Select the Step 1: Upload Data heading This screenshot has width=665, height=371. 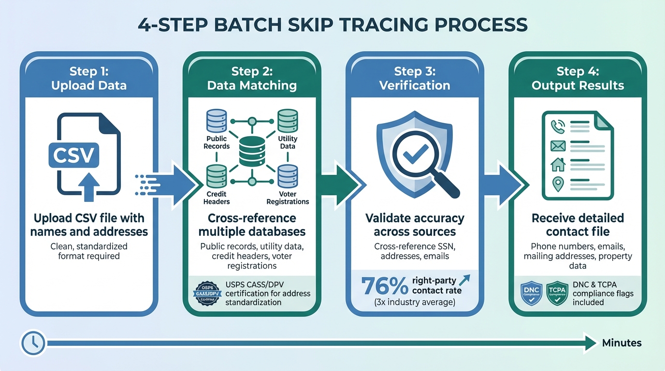point(89,79)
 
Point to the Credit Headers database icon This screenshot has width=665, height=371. point(217,176)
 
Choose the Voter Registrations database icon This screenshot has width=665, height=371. point(287,176)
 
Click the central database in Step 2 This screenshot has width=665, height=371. point(252,150)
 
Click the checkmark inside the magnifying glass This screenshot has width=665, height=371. point(414,154)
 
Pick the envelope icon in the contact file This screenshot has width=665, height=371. point(558,145)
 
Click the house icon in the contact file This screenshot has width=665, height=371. point(558,164)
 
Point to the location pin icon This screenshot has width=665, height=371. point(558,184)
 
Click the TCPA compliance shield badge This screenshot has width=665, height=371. point(557,293)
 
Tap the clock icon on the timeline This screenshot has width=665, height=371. point(32,343)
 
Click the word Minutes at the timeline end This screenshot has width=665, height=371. point(622,343)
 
